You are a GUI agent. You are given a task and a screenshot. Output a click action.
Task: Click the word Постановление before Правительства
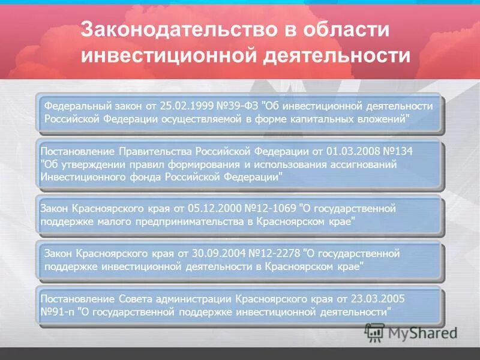[x=77, y=149]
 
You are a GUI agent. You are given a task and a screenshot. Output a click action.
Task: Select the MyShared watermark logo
[x=412, y=332]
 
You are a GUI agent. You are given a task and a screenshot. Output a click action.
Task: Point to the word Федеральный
[x=77, y=106]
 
